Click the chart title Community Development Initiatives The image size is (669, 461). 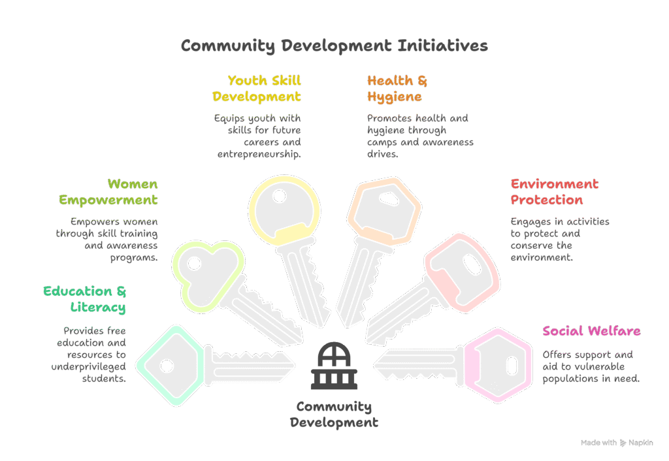pos(334,46)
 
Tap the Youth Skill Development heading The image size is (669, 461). pos(257,89)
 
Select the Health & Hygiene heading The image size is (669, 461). pos(397,89)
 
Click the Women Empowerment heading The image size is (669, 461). pos(108,192)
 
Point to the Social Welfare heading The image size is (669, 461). pos(591,331)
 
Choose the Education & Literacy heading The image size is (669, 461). pos(85,299)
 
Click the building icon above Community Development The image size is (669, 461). pos(334,366)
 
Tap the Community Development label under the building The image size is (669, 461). pos(334,415)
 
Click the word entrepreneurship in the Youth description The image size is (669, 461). pos(259,155)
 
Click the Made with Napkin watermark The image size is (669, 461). pos(616,443)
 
